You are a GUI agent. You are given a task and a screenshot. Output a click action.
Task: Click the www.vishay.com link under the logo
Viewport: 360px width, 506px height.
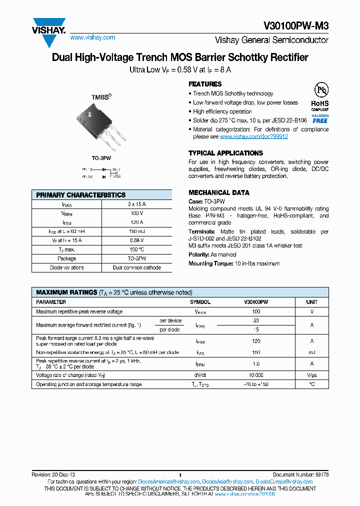92,37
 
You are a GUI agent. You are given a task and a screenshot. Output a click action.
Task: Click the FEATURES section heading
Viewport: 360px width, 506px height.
205,84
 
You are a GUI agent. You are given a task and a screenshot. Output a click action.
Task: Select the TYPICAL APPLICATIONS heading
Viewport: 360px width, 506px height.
222,153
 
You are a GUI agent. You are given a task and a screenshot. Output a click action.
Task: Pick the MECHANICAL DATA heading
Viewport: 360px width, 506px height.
218,192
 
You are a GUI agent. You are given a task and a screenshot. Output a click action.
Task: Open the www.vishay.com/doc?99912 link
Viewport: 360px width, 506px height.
253,136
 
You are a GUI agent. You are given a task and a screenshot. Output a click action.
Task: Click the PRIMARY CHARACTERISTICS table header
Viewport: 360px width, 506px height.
81,195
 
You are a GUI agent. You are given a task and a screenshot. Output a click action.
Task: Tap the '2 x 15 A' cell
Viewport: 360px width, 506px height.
136,204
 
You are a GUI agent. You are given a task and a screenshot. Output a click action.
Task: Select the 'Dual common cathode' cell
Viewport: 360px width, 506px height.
136,267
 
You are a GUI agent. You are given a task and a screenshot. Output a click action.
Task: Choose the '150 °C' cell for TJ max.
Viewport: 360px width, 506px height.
136,249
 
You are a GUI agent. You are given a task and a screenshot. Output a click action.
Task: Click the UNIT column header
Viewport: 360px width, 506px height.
311,302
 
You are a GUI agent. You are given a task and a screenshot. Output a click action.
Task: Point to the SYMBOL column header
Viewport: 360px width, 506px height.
200,302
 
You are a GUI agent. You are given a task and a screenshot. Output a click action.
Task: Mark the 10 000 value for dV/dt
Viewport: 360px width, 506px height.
256,374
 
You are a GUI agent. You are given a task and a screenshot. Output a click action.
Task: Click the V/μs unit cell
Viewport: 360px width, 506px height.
311,374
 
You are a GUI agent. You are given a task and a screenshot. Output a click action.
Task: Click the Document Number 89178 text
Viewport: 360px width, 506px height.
300,474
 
